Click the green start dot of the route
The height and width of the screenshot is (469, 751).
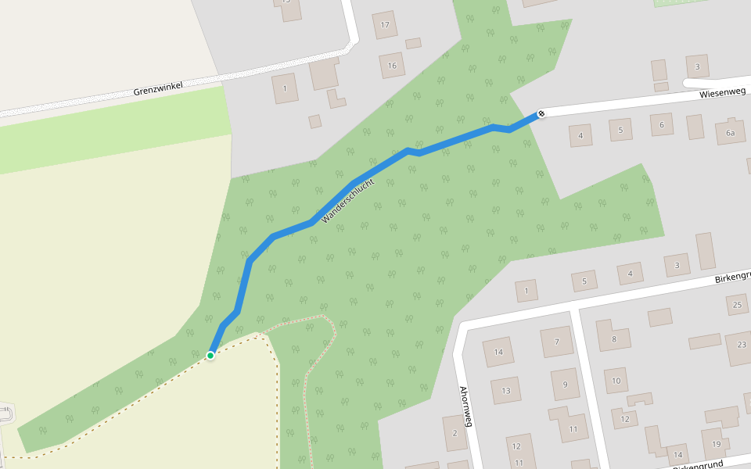click(210, 356)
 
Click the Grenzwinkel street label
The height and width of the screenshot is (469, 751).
click(157, 90)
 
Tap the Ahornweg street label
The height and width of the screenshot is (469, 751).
click(466, 406)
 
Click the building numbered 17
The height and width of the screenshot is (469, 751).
click(384, 24)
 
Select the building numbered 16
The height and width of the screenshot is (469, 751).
click(392, 66)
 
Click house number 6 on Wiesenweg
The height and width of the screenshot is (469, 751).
click(662, 124)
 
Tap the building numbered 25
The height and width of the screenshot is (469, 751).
click(737, 303)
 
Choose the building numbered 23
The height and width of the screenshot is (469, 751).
click(740, 345)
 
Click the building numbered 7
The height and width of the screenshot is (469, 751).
click(557, 342)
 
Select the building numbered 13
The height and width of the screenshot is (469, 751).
click(506, 389)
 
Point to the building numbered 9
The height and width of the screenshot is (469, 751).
click(564, 384)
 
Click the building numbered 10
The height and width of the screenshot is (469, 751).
click(616, 381)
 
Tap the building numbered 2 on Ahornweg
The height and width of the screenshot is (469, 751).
click(455, 433)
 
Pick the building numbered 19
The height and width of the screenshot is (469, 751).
click(716, 444)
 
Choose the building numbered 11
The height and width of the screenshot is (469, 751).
click(573, 428)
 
